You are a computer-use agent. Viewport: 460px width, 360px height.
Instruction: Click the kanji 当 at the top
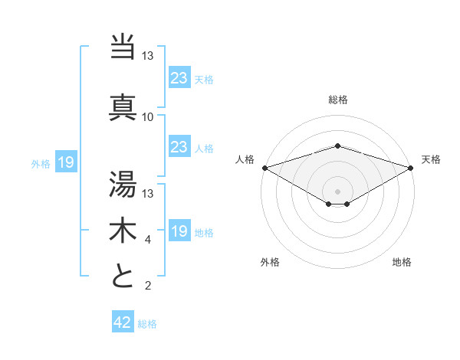click(x=123, y=47)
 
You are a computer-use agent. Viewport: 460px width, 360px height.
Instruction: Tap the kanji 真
click(x=123, y=106)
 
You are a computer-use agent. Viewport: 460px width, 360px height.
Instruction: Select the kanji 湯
click(x=123, y=183)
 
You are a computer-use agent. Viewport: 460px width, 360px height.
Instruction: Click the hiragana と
click(x=123, y=275)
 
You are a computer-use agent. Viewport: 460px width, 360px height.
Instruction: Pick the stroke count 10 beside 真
click(x=147, y=116)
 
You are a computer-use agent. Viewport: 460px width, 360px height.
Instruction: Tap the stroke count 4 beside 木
click(x=147, y=241)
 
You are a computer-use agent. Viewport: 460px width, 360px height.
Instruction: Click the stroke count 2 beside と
click(x=147, y=286)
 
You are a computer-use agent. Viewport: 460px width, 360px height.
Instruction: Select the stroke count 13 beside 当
click(x=147, y=56)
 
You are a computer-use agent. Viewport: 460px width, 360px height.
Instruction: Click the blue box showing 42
click(x=123, y=322)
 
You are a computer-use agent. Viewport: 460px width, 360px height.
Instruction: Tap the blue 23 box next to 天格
click(x=179, y=77)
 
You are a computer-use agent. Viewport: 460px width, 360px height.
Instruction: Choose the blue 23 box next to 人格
click(x=179, y=147)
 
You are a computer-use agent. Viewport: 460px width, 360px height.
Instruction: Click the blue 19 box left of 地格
click(x=179, y=231)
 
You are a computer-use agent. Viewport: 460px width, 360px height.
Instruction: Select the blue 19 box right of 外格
click(x=65, y=162)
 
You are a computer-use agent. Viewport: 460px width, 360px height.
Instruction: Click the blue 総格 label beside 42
click(x=147, y=324)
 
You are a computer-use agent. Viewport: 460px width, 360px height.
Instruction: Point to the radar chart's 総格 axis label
click(x=337, y=100)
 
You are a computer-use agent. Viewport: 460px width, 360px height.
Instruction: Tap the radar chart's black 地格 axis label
click(x=402, y=262)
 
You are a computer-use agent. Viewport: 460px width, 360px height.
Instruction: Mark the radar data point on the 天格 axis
click(x=411, y=168)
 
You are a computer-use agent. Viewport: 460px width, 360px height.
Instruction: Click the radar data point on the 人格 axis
click(x=264, y=168)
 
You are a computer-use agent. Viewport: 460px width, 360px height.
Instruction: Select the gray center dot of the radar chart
click(x=337, y=191)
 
